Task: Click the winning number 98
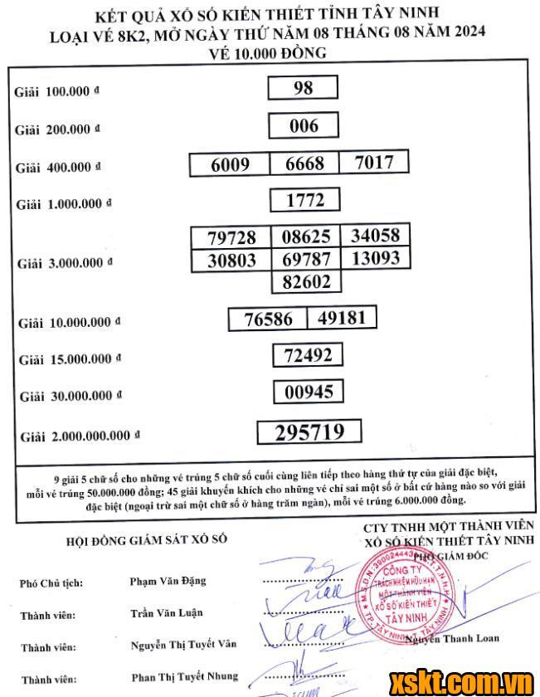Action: point(304,88)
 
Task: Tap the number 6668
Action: point(304,163)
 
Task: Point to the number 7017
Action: point(374,162)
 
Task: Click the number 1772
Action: point(304,200)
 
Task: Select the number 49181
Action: point(342,317)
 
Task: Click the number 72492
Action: point(308,355)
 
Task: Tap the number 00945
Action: point(308,392)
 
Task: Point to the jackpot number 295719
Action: point(308,432)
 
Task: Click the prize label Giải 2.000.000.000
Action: point(80,436)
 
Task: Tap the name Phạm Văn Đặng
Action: point(168,581)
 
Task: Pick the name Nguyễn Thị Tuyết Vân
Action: point(183,645)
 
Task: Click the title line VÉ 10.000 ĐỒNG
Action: point(270,52)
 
